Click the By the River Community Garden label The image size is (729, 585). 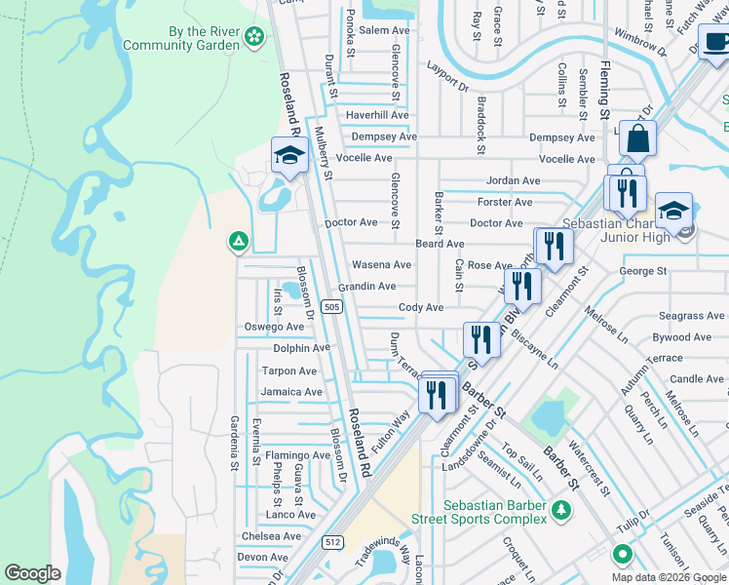(x=203, y=38)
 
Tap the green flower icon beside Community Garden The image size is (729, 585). (x=254, y=37)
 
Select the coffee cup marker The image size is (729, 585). (x=716, y=45)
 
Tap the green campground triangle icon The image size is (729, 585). (x=236, y=241)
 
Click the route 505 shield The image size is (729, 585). (x=332, y=307)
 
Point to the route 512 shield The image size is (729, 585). (x=332, y=542)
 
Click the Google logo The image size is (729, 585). (x=32, y=573)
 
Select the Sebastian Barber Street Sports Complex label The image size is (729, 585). (x=494, y=512)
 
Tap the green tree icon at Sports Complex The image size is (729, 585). (x=560, y=510)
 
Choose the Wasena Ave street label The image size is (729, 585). (x=381, y=264)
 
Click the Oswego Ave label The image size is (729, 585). (x=274, y=327)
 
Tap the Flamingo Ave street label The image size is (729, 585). (x=297, y=455)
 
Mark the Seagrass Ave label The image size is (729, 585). (x=691, y=316)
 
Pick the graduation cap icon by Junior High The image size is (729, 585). (x=673, y=210)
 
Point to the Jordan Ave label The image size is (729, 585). (x=513, y=181)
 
